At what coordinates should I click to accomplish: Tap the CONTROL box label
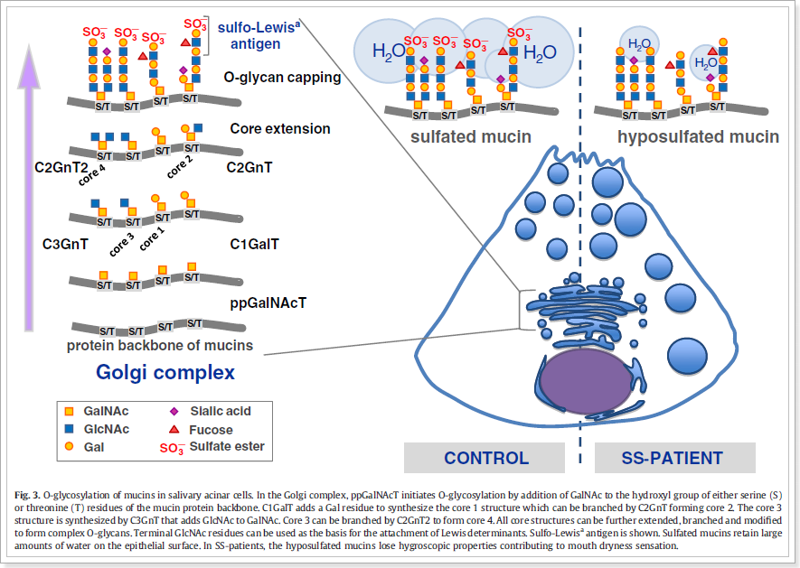click(486, 458)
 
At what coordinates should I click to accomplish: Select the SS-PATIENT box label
click(673, 458)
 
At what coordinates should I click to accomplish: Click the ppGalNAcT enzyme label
click(268, 302)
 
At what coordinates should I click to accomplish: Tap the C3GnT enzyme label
click(67, 243)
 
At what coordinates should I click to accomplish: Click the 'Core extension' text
click(280, 128)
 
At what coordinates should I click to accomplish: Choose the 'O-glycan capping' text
click(282, 78)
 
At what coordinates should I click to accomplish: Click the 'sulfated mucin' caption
click(470, 137)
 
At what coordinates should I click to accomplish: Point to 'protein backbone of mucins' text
click(160, 345)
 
